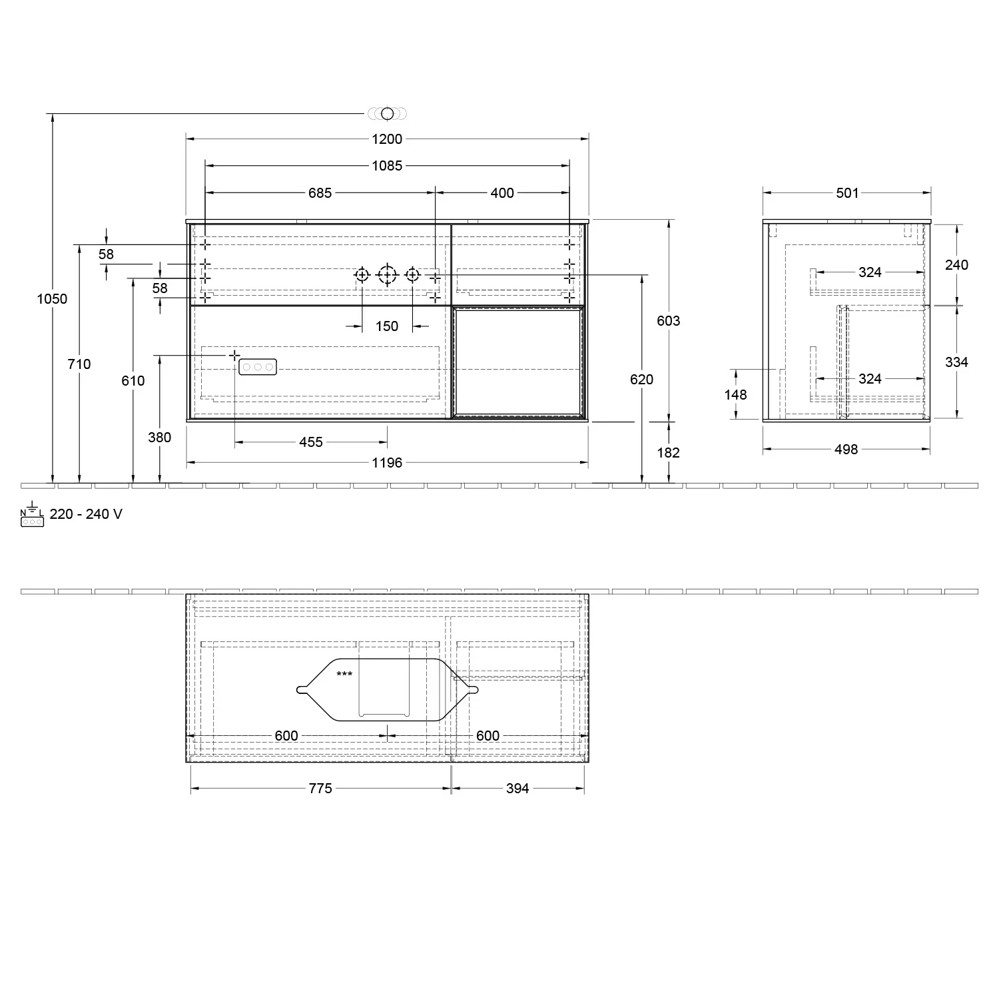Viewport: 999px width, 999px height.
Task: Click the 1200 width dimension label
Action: [387, 139]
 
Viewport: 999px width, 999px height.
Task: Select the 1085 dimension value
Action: [387, 166]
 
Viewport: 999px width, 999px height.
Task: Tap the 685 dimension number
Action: [320, 193]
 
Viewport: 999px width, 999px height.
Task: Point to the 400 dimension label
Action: [502, 193]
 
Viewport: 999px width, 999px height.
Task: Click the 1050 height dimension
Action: [52, 299]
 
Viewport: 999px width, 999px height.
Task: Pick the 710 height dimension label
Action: [79, 364]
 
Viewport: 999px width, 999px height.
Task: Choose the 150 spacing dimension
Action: [387, 326]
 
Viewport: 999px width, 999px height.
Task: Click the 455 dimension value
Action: [311, 442]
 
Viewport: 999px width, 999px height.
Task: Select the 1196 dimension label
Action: [387, 463]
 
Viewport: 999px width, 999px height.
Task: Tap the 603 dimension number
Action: [669, 321]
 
